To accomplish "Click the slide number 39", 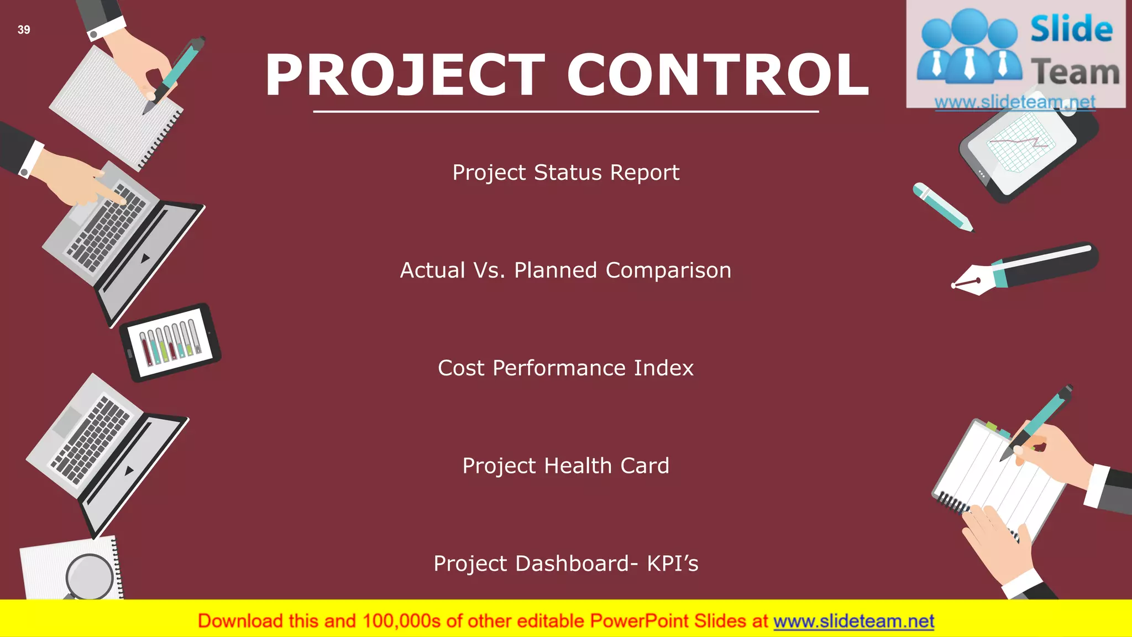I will click(x=24, y=30).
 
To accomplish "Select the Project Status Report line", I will click(x=565, y=173).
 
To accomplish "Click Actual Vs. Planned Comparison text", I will click(x=565, y=270).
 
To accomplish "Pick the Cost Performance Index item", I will click(x=565, y=368).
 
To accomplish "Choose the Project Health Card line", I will click(x=565, y=466).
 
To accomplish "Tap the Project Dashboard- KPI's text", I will click(x=565, y=563).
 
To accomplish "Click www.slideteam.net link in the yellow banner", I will click(x=853, y=621).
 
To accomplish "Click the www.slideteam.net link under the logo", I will click(x=1015, y=102).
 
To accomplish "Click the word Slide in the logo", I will click(x=1071, y=29).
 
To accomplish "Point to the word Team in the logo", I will click(x=1075, y=72).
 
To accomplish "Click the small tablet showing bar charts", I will click(x=170, y=342).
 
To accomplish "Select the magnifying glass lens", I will click(x=90, y=576).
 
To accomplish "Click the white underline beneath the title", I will click(x=565, y=112).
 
